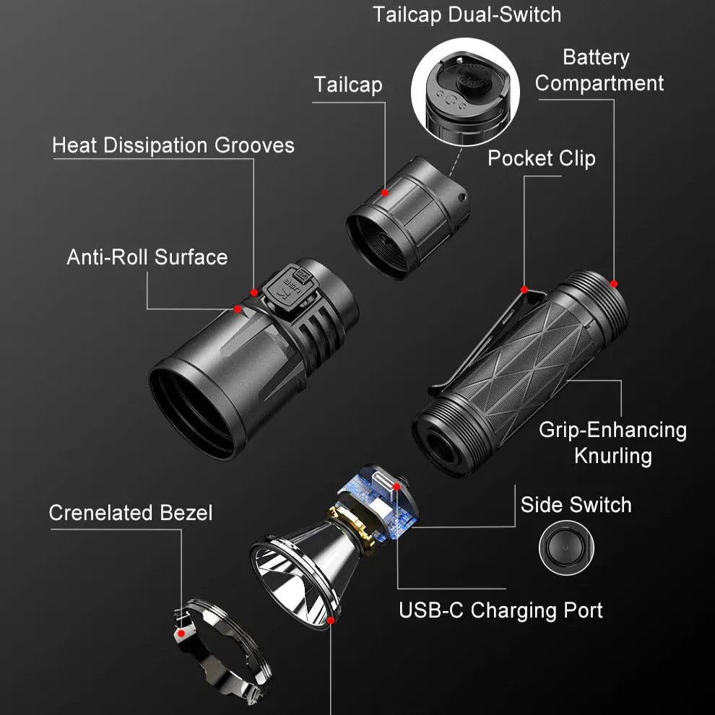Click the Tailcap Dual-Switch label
tap(467, 14)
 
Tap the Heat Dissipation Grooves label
tap(173, 145)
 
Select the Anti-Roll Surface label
tap(147, 257)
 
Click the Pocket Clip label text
tap(542, 159)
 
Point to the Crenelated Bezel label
tap(131, 513)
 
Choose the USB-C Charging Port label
tap(500, 610)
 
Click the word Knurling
tap(613, 456)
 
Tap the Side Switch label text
tap(576, 506)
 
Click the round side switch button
tap(566, 547)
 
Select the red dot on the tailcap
tap(386, 193)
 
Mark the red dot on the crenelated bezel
tap(181, 633)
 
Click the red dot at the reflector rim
tap(331, 620)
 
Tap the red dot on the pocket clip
tap(524, 290)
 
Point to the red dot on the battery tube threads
tap(614, 284)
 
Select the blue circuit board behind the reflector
tap(379, 502)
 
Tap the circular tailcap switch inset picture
tap(466, 92)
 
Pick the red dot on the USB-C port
tap(396, 487)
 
